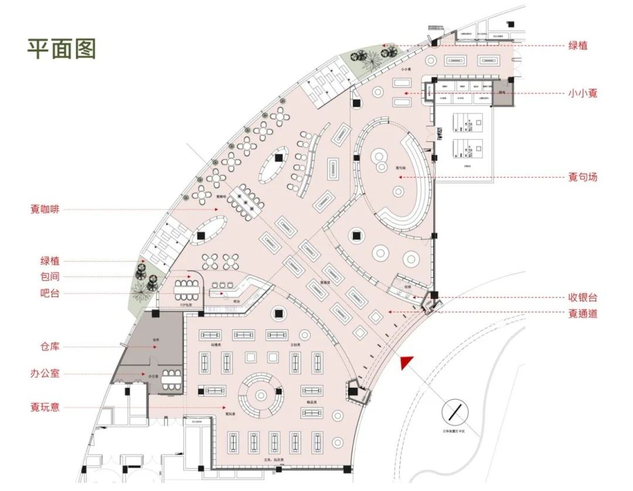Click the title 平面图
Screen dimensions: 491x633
pos(61,49)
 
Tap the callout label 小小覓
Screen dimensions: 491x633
pos(582,93)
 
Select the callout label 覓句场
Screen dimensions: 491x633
pos(582,177)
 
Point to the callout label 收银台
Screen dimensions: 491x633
pos(582,298)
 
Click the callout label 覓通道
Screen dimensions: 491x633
pos(582,314)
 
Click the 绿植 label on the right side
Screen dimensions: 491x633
pos(582,45)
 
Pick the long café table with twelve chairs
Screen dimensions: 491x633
pos(247,201)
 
